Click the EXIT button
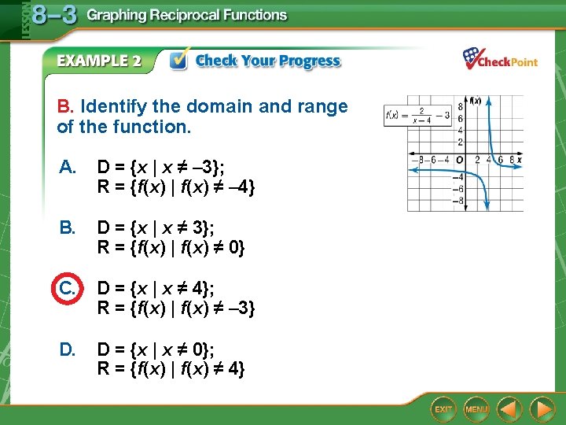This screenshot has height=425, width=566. tap(444, 409)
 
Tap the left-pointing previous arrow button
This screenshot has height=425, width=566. tap(510, 409)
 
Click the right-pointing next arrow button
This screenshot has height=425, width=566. tap(542, 409)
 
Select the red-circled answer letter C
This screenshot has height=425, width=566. tap(68, 288)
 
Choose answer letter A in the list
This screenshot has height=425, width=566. tap(67, 167)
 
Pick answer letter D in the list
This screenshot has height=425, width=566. tap(67, 349)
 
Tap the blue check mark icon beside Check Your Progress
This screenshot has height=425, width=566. tap(179, 61)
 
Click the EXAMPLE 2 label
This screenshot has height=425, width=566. tap(99, 61)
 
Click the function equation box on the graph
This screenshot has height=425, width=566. tap(417, 116)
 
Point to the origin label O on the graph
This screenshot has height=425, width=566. tap(460, 159)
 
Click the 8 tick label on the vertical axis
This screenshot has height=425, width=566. tap(461, 110)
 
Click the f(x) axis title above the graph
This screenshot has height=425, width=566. tap(474, 100)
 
